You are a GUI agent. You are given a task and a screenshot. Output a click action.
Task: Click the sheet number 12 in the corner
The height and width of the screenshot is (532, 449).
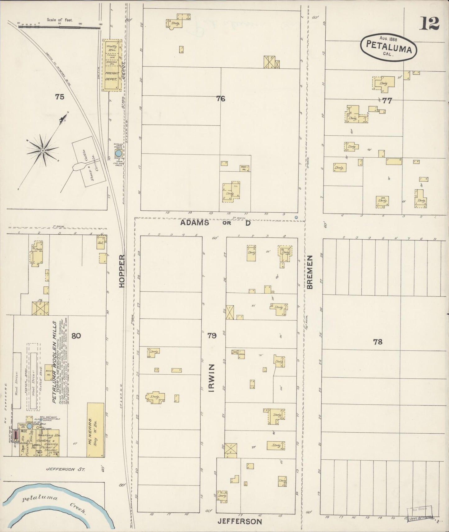430,23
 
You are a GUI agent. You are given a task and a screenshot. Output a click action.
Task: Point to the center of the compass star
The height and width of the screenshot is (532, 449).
43,151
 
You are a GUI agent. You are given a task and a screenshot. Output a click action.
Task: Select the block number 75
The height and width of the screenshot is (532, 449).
60,97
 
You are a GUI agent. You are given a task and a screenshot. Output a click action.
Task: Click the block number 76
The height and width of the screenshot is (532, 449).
221,99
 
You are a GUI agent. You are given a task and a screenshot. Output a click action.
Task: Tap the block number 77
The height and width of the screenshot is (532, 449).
387,101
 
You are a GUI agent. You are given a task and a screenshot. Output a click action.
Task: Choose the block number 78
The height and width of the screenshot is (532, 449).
378,342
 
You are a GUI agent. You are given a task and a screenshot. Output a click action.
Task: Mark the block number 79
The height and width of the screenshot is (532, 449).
212,335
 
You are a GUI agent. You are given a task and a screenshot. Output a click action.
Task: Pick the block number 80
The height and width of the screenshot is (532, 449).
76,336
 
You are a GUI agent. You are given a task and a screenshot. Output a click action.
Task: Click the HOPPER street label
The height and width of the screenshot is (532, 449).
122,271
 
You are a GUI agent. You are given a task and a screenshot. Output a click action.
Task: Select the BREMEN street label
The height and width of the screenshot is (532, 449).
309,273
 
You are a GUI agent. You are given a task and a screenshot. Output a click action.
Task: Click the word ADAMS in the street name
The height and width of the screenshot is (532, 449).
195,223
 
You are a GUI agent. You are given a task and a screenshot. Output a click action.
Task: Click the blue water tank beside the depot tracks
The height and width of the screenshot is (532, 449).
118,153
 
